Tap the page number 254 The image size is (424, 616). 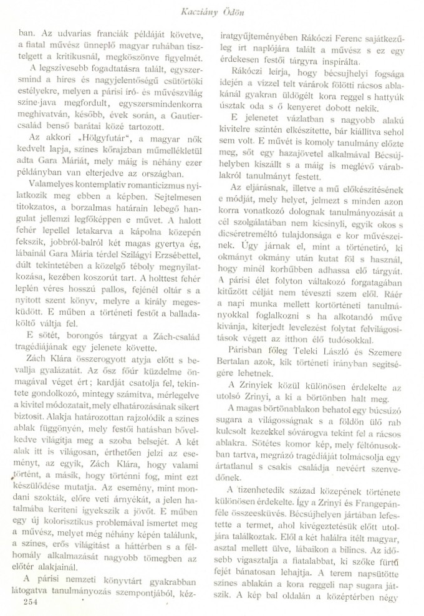tap(29, 600)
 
